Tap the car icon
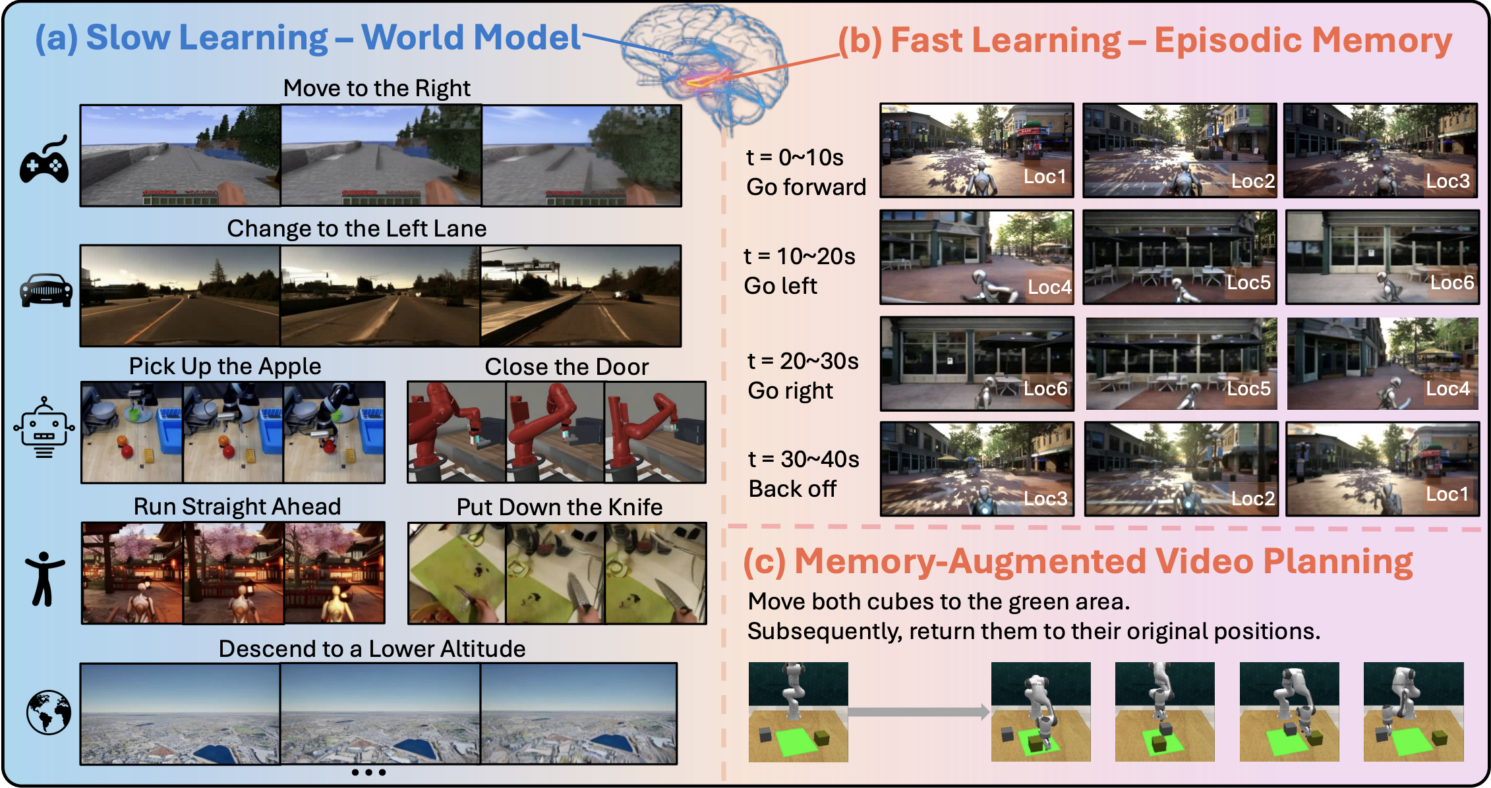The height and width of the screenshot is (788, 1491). point(46,291)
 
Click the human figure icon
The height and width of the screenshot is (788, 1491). point(45,578)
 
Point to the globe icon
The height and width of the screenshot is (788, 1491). point(49,712)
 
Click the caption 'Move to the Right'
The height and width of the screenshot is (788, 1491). point(377,88)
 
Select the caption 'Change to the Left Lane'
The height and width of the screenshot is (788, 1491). point(357,229)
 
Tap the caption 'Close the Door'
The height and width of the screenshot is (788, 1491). point(567,367)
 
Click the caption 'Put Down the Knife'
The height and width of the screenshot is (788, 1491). point(560,507)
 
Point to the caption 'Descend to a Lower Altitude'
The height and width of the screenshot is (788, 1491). point(372,649)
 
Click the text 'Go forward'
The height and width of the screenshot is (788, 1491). point(806,187)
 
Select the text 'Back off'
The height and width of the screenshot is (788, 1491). point(792,489)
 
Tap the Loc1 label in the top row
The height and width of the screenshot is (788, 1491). point(1045,177)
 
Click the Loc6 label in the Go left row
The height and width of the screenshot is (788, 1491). point(1451,283)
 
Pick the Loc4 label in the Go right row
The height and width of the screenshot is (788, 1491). point(1447,389)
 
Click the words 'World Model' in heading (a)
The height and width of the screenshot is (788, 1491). point(471,37)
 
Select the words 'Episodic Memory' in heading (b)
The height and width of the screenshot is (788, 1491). point(1303,40)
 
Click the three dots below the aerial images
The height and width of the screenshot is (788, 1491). point(368,772)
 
